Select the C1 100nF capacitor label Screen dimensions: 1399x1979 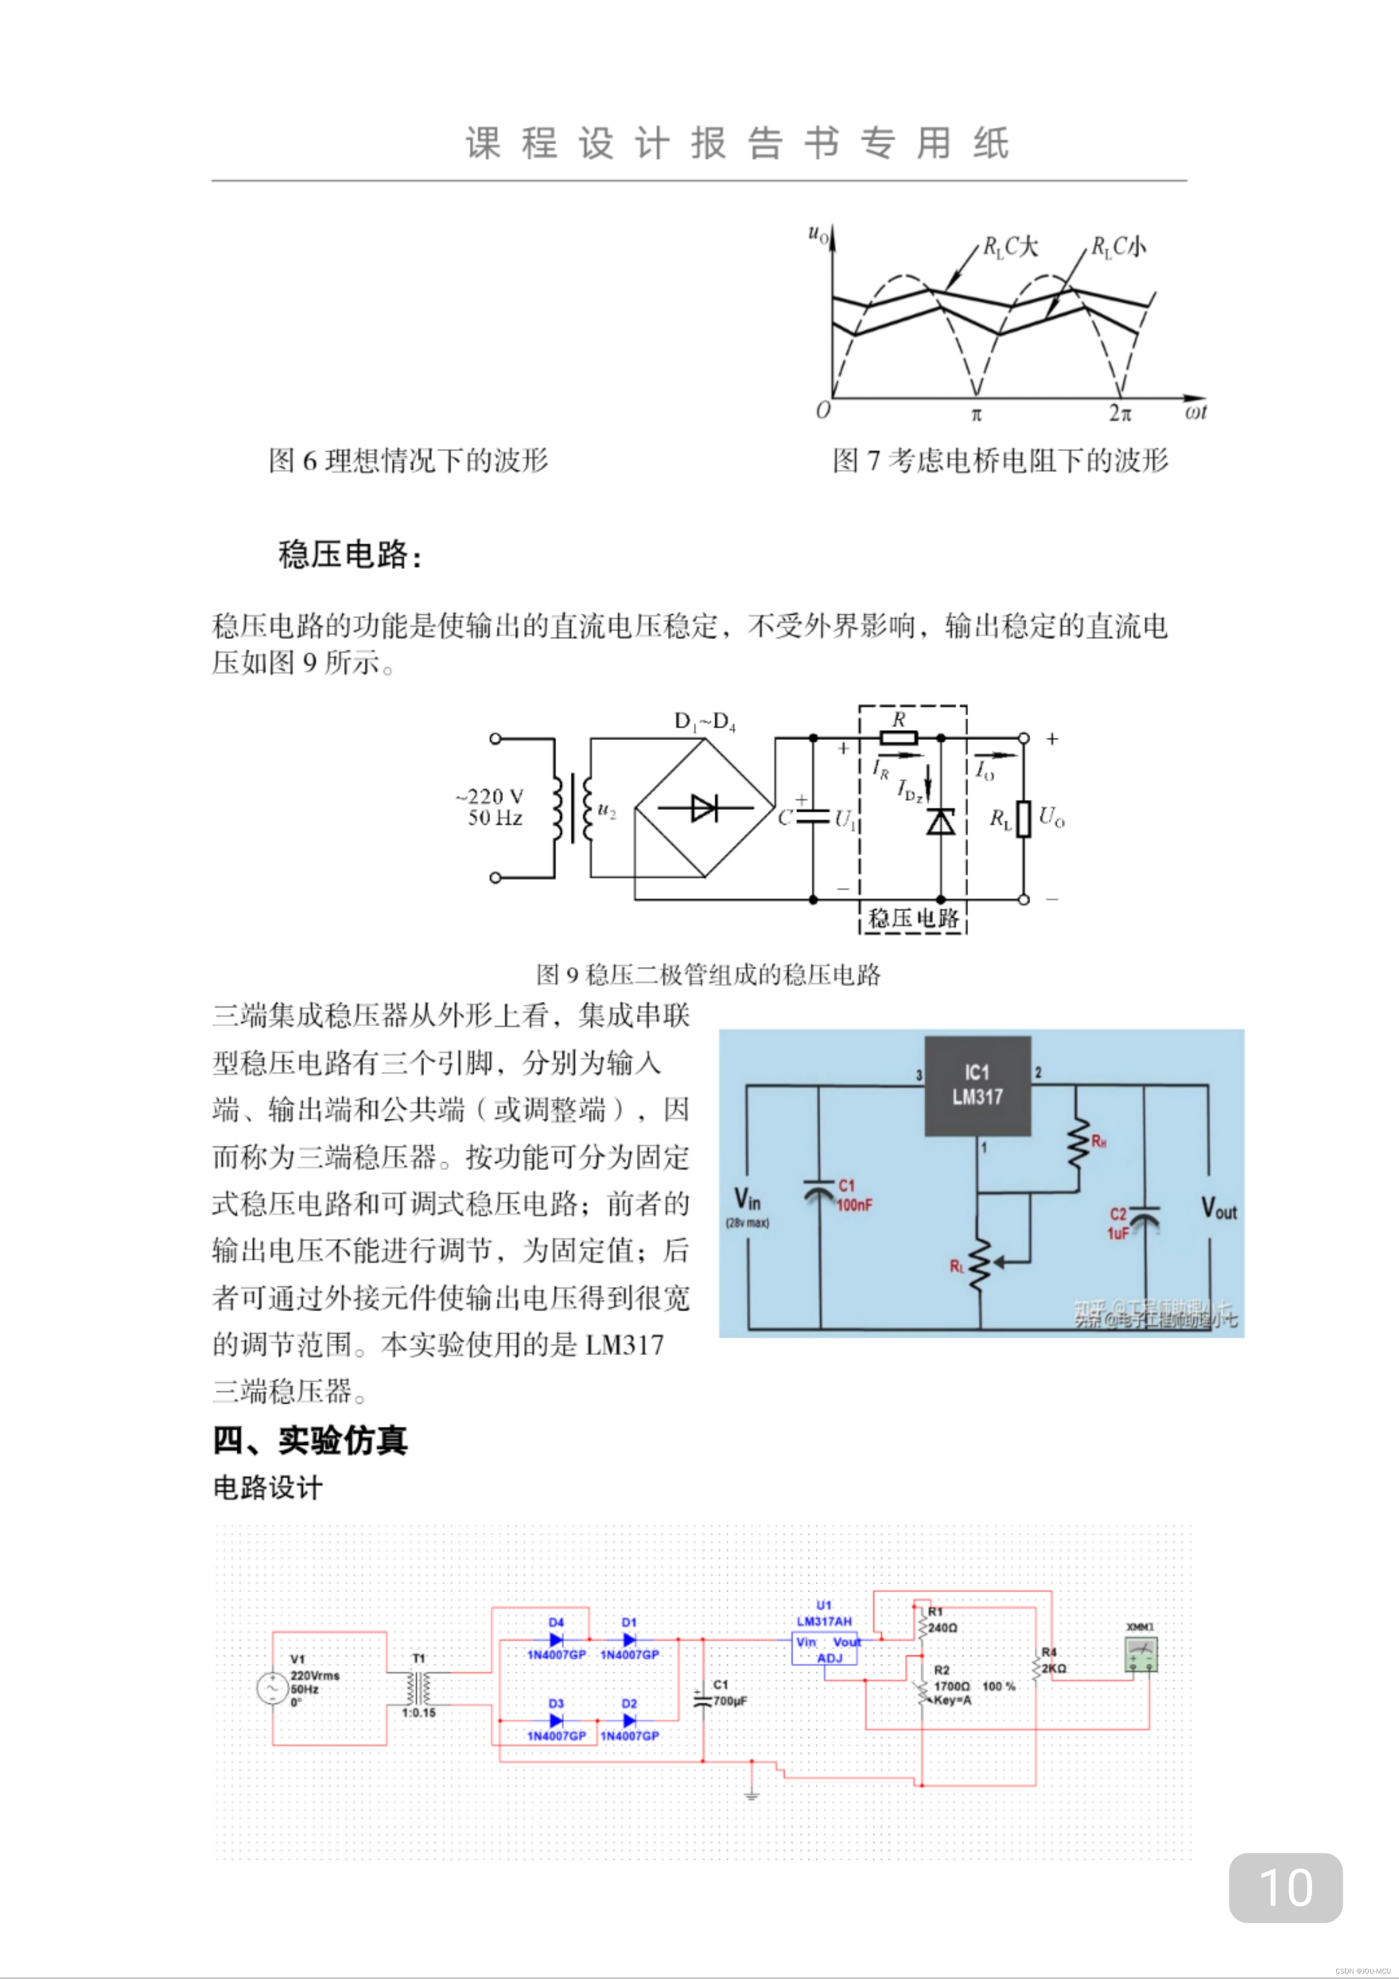(854, 1195)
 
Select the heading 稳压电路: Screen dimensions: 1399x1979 (349, 554)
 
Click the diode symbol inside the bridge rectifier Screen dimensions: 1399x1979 (704, 809)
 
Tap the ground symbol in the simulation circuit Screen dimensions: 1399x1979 (751, 1795)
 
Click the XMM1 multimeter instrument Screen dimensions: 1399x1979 (1141, 1655)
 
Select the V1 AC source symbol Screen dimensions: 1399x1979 (272, 1688)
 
